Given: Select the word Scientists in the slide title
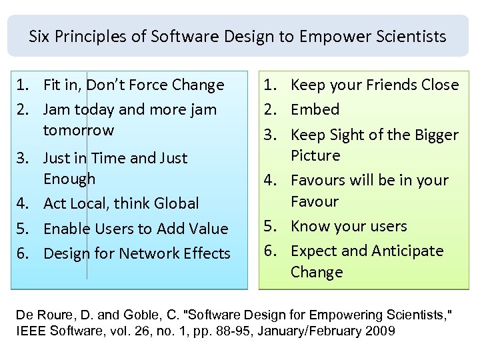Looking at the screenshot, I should point(413,36).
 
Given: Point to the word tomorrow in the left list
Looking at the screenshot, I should point(79,130).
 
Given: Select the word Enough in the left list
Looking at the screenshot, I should point(69,179).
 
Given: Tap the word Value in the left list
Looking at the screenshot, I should point(207,229).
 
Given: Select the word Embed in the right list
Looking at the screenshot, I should point(315,109).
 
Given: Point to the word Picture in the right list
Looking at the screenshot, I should point(315,156).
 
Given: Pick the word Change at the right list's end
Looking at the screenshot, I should point(317,272).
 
